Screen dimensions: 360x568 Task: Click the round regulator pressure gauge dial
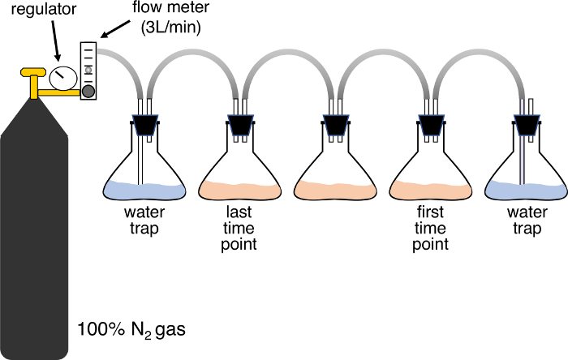[59, 78]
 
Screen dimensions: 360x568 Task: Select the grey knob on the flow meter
[87, 92]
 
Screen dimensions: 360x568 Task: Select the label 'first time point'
[430, 228]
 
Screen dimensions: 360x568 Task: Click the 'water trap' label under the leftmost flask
[144, 221]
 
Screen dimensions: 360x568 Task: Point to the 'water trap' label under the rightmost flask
[525, 221]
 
